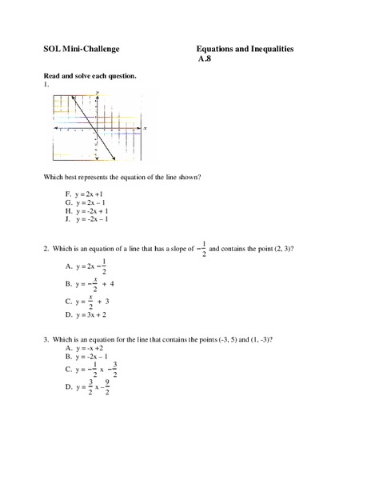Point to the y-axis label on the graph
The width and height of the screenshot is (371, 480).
click(x=97, y=93)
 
